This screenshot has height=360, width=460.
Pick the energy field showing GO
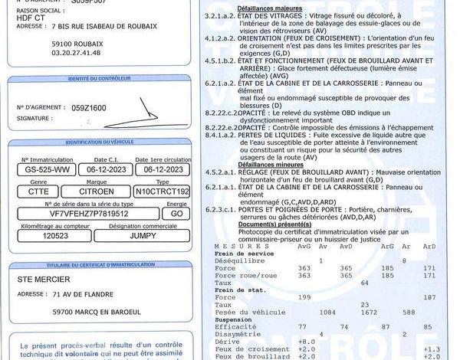coord(176,214)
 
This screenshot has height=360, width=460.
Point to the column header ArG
coord(388,246)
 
